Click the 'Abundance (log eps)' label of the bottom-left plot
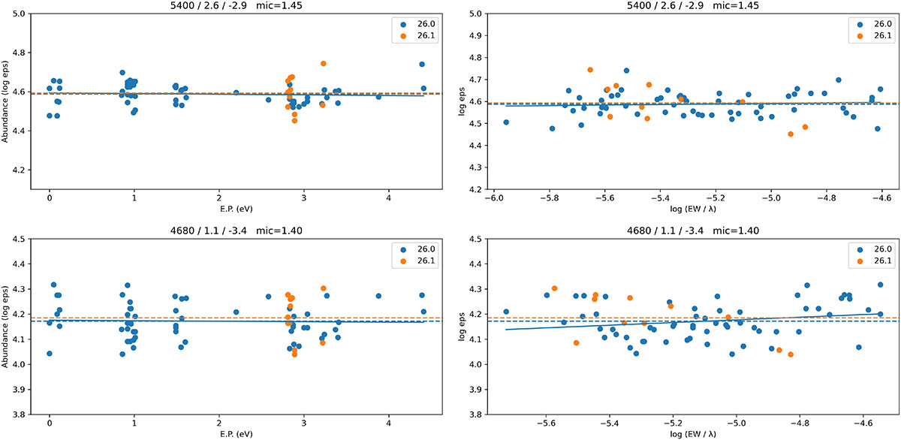point(6,327)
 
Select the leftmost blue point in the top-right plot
point(506,122)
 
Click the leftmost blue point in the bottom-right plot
point(506,312)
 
